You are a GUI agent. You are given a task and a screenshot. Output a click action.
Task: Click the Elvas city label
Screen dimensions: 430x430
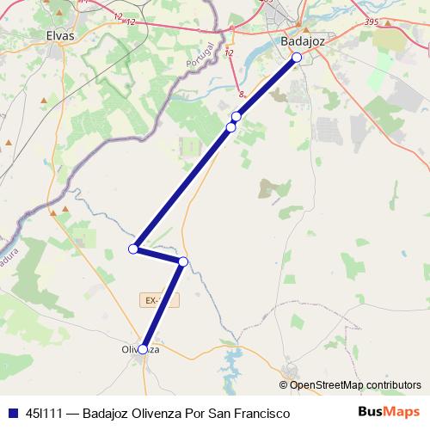click(61, 36)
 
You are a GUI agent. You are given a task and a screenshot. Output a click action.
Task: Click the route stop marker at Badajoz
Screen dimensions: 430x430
click(296, 58)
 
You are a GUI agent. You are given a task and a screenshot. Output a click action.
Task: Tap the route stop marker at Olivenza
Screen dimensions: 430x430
click(143, 349)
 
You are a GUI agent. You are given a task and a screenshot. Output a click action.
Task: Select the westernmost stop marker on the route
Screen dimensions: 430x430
click(133, 249)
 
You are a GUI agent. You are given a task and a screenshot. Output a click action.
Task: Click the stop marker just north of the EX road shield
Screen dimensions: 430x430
click(182, 261)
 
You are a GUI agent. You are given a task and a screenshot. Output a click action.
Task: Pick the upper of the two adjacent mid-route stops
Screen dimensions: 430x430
click(236, 116)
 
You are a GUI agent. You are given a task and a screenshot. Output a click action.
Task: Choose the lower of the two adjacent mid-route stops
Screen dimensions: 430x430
click(230, 127)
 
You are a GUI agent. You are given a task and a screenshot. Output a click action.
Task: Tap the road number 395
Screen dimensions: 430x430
click(347, 21)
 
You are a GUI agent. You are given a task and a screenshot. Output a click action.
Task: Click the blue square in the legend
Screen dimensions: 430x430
click(12, 414)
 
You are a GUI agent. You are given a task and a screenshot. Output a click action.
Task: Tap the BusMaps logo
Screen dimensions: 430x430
click(389, 413)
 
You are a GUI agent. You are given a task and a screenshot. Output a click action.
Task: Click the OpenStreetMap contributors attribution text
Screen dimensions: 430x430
click(355, 384)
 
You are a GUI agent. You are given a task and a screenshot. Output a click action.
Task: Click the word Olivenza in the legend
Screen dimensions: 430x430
click(163, 414)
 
